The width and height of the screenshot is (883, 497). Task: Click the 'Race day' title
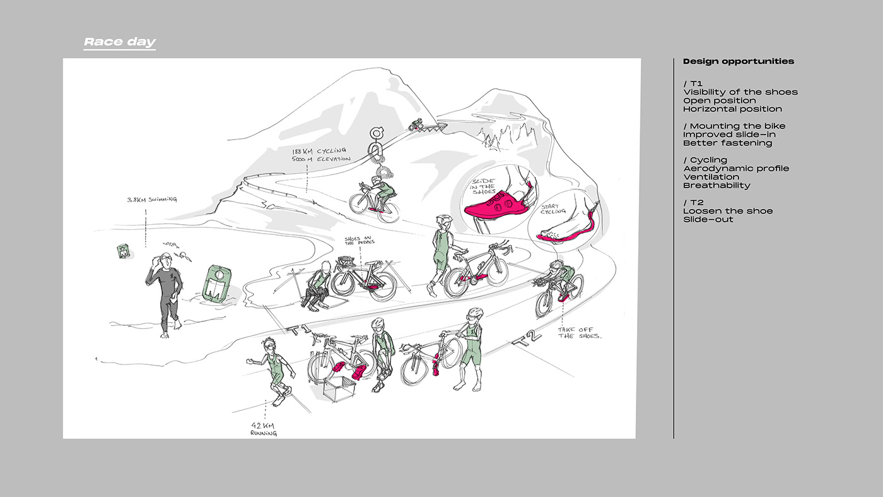coord(120,42)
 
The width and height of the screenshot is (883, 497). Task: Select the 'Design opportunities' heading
coord(739,61)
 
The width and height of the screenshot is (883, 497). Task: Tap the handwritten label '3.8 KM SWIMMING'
coord(152,200)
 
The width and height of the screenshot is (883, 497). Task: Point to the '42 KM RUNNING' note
coord(264,429)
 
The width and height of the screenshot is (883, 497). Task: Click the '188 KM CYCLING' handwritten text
coord(319,151)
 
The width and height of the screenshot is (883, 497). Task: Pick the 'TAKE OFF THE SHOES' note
coord(580,333)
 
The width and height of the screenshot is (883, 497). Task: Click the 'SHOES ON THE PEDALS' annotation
coord(359,241)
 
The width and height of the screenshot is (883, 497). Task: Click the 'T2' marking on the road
coord(527,338)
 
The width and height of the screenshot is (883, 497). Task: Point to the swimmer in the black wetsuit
coord(165,295)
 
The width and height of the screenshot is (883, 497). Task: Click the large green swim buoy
coord(216,283)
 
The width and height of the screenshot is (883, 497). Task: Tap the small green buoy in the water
coord(124,251)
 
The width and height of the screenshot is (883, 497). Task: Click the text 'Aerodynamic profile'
coord(736,169)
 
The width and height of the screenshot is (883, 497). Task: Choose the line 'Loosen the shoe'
coord(728,211)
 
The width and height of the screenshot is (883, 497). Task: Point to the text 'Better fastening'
coord(727,143)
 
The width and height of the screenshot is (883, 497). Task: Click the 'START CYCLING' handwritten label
coord(553,209)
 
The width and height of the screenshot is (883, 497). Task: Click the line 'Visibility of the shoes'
coord(740,92)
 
